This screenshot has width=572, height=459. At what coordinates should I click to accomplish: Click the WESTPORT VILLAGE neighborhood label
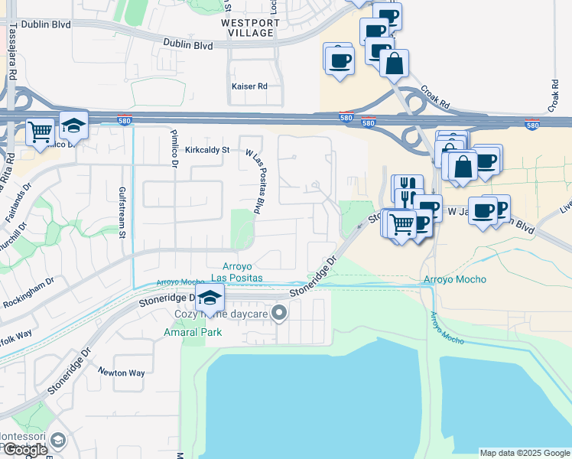(248, 28)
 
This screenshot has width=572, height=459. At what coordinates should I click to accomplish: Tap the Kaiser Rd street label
(249, 86)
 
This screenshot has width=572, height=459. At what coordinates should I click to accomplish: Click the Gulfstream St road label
(122, 212)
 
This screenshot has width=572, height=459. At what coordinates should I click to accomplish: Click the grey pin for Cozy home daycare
(279, 312)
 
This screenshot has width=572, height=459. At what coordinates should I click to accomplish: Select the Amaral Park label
(192, 332)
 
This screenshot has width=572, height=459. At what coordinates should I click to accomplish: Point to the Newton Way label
(121, 373)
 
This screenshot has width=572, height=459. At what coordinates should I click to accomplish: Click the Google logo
(24, 450)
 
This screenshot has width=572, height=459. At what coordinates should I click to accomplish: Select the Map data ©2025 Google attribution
(525, 453)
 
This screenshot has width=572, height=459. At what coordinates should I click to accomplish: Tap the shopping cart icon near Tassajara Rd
(39, 131)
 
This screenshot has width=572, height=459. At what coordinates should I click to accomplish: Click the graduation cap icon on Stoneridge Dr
(210, 298)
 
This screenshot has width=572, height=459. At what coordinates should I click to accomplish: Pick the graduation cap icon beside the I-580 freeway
(73, 125)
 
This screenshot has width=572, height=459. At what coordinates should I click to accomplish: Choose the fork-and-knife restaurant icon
(407, 187)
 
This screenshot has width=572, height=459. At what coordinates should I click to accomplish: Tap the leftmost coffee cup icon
(339, 60)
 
